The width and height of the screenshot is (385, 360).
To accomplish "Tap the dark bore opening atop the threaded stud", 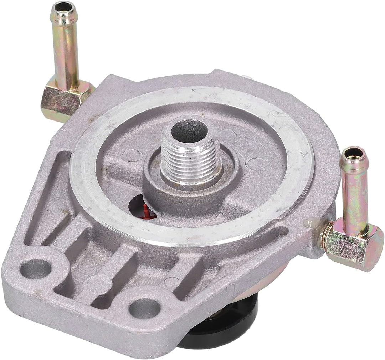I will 189,131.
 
